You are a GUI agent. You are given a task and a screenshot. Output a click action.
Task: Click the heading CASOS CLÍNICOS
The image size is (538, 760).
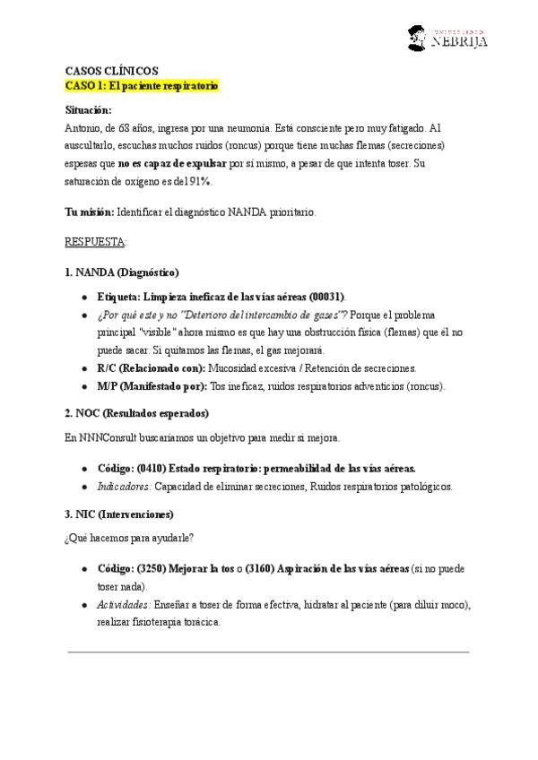coord(111,70)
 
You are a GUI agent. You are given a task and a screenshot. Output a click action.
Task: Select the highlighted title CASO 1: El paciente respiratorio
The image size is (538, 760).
coord(142,85)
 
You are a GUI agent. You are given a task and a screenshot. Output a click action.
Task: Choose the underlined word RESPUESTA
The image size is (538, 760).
coord(95,242)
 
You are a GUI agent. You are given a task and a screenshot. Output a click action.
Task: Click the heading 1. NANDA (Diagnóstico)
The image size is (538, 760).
coord(122,272)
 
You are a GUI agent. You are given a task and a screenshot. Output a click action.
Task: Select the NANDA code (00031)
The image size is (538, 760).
coord(326,296)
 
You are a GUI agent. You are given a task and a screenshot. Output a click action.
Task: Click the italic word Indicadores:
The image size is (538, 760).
coord(124,487)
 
